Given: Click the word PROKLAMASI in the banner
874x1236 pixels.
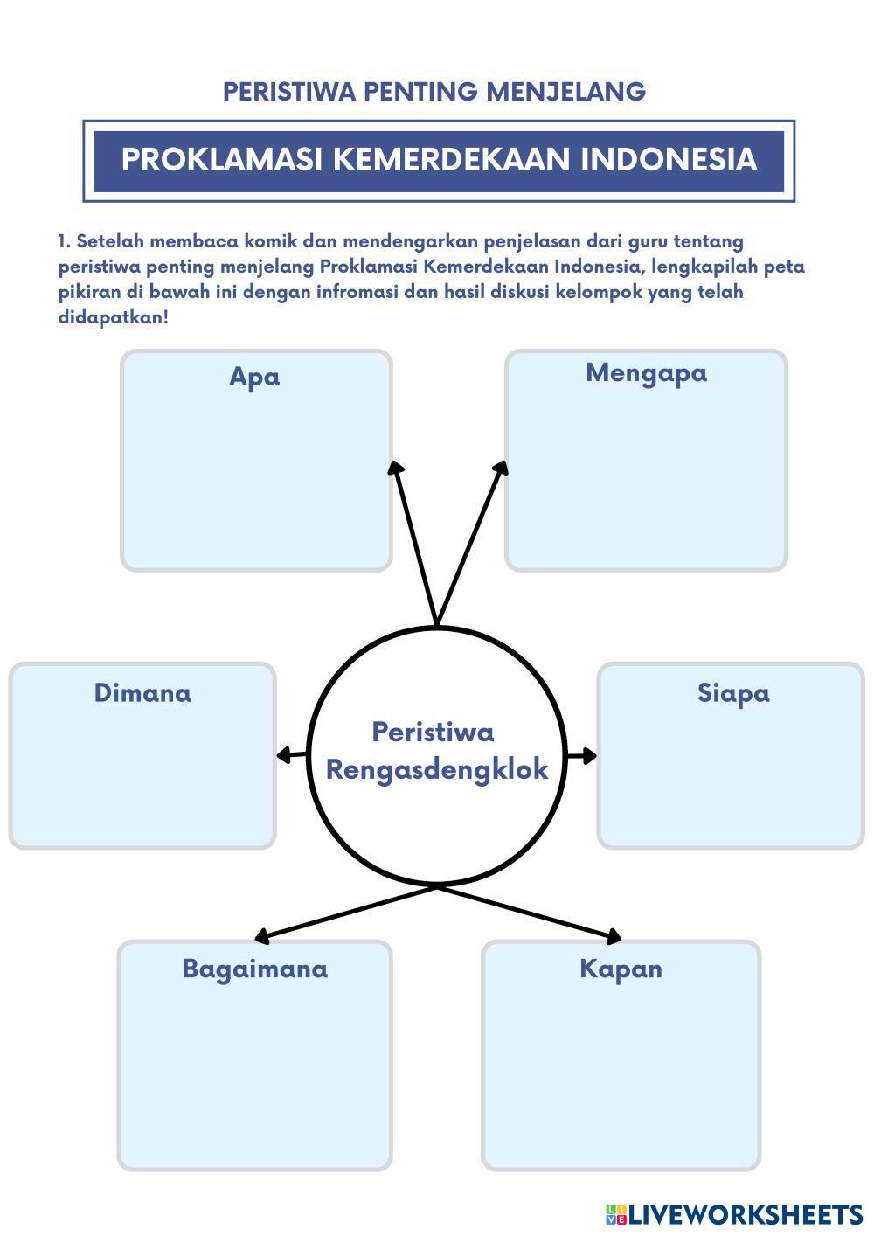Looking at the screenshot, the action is click(x=222, y=159).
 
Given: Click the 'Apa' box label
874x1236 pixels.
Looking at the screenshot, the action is click(x=254, y=378).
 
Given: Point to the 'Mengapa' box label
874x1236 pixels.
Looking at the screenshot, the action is click(x=646, y=374).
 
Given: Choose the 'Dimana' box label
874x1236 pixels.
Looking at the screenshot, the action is click(x=142, y=693).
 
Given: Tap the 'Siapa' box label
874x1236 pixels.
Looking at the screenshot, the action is click(x=733, y=694).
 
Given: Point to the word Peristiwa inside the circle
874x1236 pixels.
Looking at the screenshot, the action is click(x=434, y=733).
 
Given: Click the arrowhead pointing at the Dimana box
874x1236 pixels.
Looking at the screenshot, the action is click(x=283, y=755).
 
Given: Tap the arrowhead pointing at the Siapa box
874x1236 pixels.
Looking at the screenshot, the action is click(x=589, y=756).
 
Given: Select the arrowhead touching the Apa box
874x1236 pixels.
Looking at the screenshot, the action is click(x=395, y=468).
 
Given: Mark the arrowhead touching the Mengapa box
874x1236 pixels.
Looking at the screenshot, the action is click(x=501, y=468).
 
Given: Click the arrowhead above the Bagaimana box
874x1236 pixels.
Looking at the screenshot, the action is click(x=261, y=936).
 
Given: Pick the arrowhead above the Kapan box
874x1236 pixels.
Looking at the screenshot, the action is click(x=614, y=936).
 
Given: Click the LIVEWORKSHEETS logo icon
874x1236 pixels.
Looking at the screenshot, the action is click(x=616, y=1214).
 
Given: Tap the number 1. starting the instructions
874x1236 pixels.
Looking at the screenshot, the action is click(x=65, y=241).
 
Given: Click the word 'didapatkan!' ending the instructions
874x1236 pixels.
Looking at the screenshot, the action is click(x=113, y=318).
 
